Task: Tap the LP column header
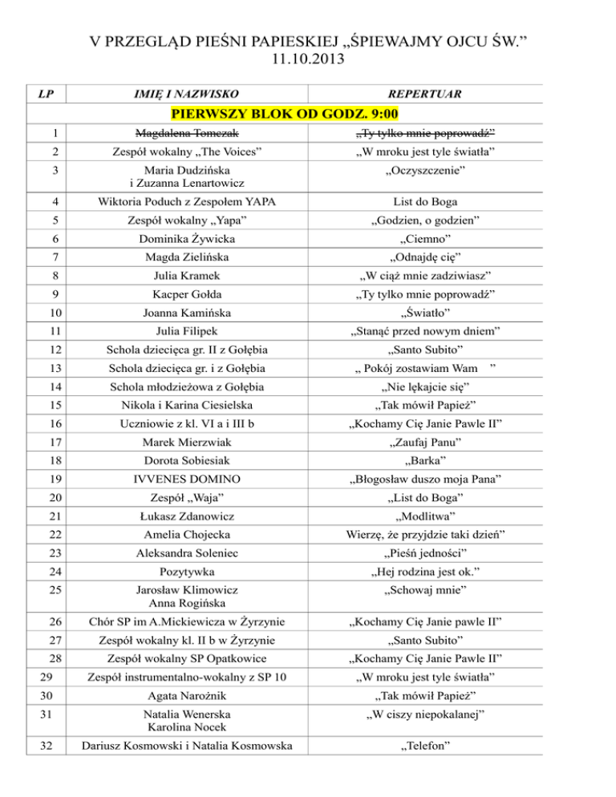(x=47, y=95)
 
